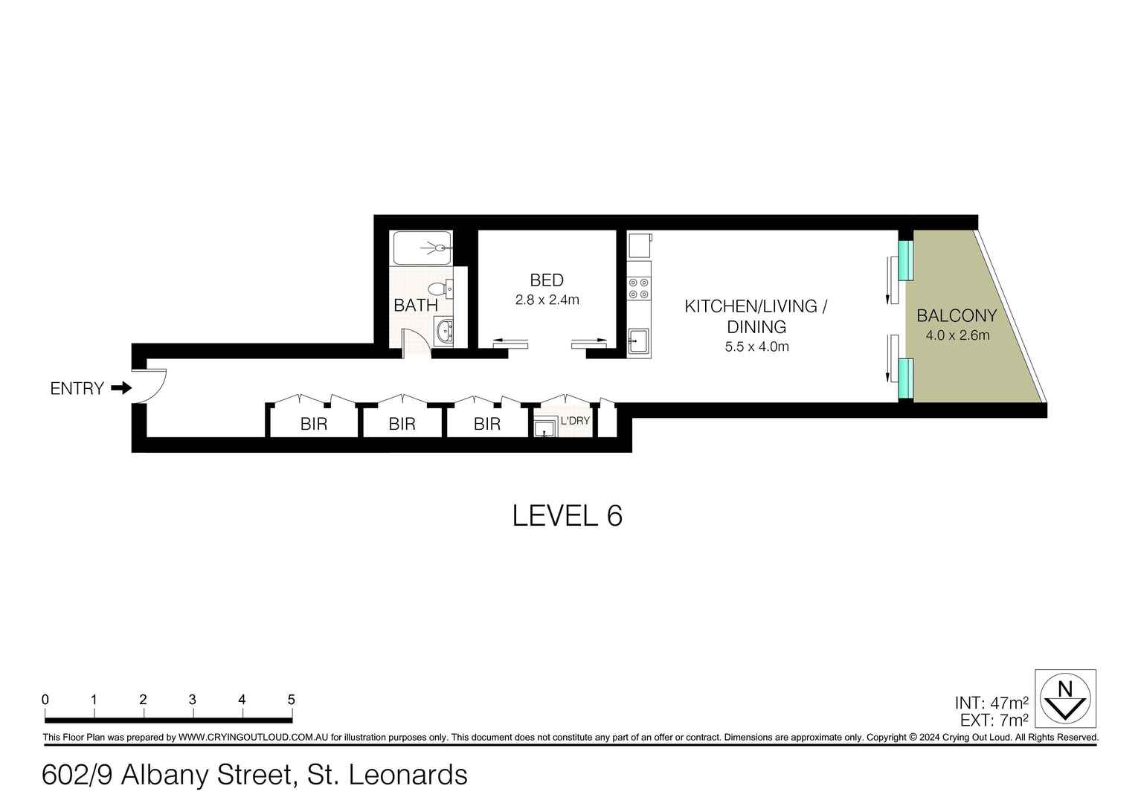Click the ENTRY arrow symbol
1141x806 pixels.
click(x=121, y=388)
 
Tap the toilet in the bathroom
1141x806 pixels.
click(x=438, y=288)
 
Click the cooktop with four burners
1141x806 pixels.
click(x=639, y=288)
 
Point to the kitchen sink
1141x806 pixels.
click(x=637, y=342)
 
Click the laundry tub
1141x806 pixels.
click(x=545, y=427)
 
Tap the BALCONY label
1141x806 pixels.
click(x=957, y=315)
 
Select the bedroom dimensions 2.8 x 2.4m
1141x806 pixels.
click(x=547, y=300)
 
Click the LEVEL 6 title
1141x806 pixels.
click(x=567, y=515)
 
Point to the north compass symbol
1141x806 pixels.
click(x=1066, y=698)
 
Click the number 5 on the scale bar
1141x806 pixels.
click(x=291, y=700)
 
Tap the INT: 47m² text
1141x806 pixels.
click(x=991, y=703)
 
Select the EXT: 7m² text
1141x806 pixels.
click(x=991, y=720)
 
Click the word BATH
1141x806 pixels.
click(x=415, y=305)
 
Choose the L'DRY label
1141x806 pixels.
click(x=575, y=421)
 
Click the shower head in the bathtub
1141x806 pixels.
click(x=440, y=248)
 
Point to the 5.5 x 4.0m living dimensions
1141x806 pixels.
click(x=756, y=346)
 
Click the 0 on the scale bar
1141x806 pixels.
click(x=45, y=700)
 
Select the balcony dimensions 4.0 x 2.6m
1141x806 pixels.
click(x=957, y=335)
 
